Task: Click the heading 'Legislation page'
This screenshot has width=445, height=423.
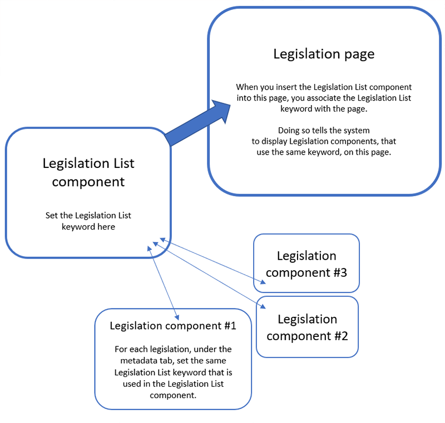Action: click(x=323, y=54)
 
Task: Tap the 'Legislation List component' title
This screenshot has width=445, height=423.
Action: click(x=88, y=172)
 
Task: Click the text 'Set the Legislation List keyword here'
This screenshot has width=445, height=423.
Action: click(x=88, y=221)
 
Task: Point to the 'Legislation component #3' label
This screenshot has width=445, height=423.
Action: click(x=306, y=264)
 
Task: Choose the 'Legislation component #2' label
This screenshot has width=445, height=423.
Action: click(x=307, y=327)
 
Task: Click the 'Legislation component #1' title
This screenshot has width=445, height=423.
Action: click(x=173, y=326)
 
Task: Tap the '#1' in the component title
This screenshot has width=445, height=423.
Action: click(x=230, y=326)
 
